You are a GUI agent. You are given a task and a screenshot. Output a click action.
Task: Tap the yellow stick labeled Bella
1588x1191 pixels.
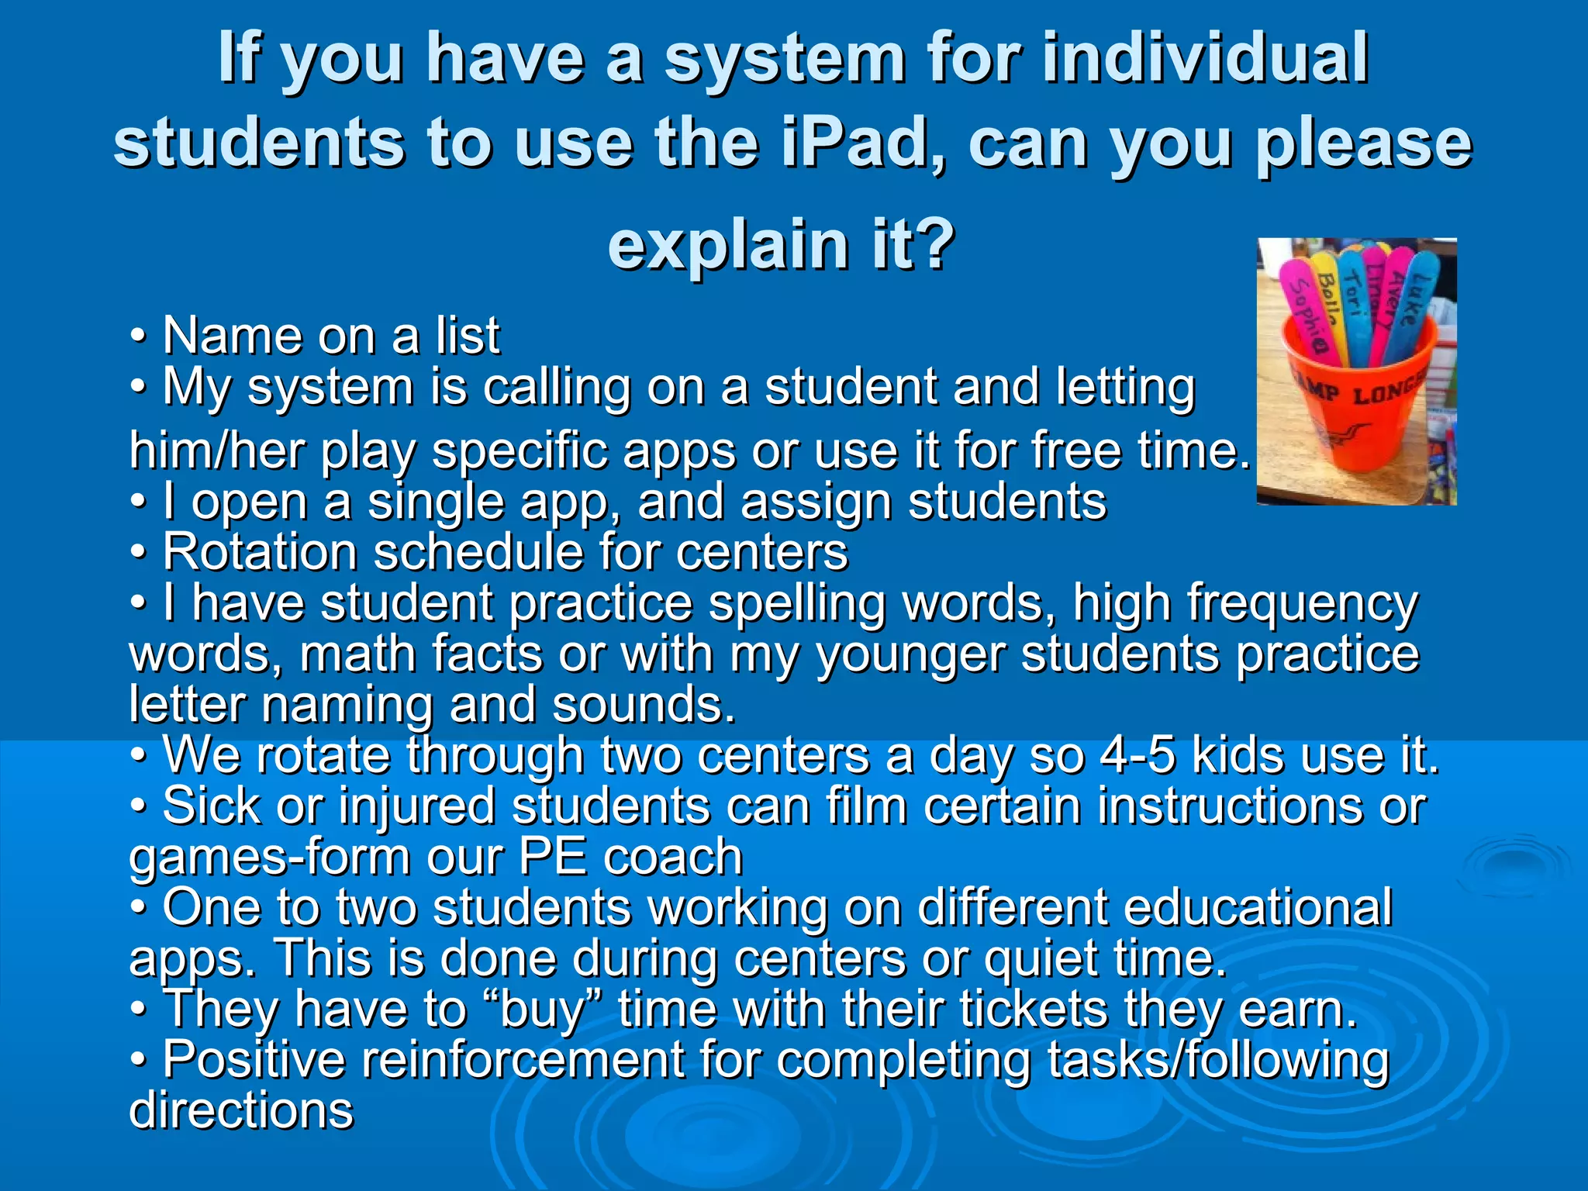pyautogui.click(x=1328, y=302)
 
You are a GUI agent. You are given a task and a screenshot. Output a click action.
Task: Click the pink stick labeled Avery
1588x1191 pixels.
pyautogui.click(x=1400, y=299)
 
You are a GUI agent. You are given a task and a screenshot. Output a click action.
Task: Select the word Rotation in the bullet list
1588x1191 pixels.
pyautogui.click(x=260, y=552)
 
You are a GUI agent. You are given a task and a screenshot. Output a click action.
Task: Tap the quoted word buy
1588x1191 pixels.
pyautogui.click(x=542, y=1010)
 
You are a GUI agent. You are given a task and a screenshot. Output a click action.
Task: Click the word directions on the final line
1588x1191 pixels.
pyautogui.click(x=241, y=1110)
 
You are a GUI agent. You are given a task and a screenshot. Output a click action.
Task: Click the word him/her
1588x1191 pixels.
pyautogui.click(x=218, y=451)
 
